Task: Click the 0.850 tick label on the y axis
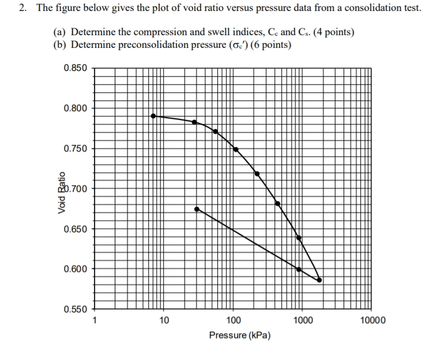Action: (x=76, y=68)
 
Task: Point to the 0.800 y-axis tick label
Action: (x=76, y=108)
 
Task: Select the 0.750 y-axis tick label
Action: (x=76, y=149)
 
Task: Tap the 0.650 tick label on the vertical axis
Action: (x=76, y=229)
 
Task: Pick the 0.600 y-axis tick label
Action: (x=76, y=269)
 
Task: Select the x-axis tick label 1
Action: (x=95, y=320)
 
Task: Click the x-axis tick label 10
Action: (x=164, y=320)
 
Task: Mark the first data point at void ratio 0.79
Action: (x=153, y=116)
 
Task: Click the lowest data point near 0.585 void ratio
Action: (x=319, y=281)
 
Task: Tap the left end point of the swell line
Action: (x=197, y=209)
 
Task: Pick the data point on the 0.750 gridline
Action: (x=236, y=149)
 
